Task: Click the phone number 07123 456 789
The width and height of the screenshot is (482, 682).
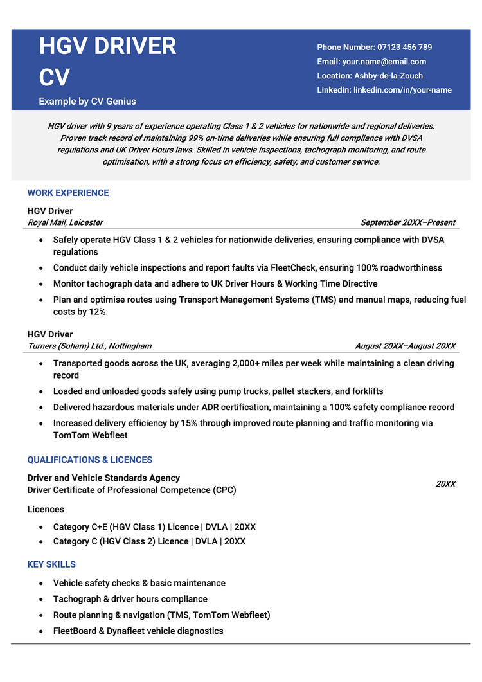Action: [x=405, y=47]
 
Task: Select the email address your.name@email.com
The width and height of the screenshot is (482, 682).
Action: [x=384, y=62]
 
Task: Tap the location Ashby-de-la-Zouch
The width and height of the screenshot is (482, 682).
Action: [x=389, y=76]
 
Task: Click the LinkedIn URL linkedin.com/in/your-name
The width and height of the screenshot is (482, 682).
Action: [x=402, y=90]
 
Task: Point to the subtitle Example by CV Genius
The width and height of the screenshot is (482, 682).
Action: [x=87, y=101]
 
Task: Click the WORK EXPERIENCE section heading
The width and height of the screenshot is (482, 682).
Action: [x=68, y=193]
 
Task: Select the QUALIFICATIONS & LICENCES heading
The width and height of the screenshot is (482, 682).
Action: [x=90, y=460]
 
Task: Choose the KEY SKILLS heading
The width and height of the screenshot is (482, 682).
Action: [x=51, y=564]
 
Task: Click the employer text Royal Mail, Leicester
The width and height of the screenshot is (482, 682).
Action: [x=65, y=222]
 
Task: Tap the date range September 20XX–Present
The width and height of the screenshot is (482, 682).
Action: [x=407, y=222]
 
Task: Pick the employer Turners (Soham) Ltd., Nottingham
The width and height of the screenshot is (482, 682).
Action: [x=89, y=346]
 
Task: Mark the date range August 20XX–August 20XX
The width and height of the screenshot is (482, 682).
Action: [x=405, y=346]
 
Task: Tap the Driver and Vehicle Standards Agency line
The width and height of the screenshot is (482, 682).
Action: [x=103, y=478]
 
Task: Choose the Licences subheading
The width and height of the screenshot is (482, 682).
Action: [x=46, y=509]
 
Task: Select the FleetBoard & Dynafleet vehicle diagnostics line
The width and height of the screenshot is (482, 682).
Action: [x=138, y=631]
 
